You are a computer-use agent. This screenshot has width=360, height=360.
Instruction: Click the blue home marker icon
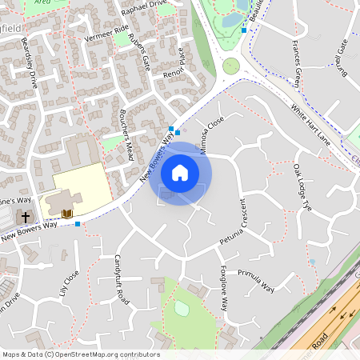pos(180,173)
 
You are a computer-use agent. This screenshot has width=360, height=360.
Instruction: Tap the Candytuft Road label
pos(121,278)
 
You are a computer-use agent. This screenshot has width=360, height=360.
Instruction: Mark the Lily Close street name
pos(70,284)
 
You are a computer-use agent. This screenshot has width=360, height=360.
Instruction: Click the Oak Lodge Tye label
pos(301,187)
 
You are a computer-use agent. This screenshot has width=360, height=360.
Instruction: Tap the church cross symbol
pos(25,217)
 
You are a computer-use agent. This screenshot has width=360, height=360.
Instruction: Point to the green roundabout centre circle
pos(231,66)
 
